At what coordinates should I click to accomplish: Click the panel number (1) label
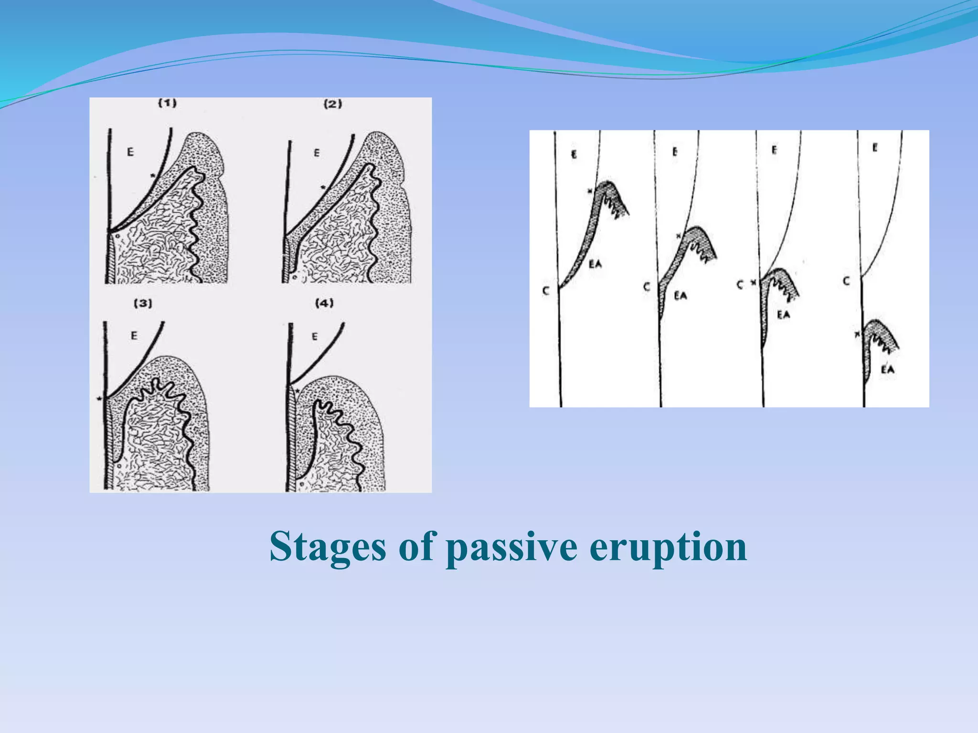click(x=168, y=103)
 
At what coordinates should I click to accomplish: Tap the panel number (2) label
click(x=333, y=104)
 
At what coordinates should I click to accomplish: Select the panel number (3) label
click(x=143, y=303)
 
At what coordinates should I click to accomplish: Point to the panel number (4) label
click(x=324, y=303)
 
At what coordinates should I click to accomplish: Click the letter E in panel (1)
click(x=130, y=152)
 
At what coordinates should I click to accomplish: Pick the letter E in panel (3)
click(x=134, y=335)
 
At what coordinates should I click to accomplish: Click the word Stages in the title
click(x=328, y=547)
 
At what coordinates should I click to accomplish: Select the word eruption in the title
click(x=668, y=547)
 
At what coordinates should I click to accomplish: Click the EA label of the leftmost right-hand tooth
click(x=595, y=264)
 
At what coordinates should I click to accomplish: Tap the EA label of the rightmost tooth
click(x=887, y=369)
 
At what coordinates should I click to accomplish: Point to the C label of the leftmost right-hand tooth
click(x=546, y=291)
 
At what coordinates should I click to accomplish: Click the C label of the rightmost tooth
click(x=846, y=281)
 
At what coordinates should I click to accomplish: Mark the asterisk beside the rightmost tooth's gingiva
click(x=857, y=335)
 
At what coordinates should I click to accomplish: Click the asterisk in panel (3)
click(x=99, y=398)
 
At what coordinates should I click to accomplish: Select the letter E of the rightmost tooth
click(x=875, y=148)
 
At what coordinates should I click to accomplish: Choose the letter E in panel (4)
click(x=314, y=336)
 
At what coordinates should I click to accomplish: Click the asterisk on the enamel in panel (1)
click(x=153, y=176)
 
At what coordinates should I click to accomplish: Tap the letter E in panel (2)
click(x=317, y=153)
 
